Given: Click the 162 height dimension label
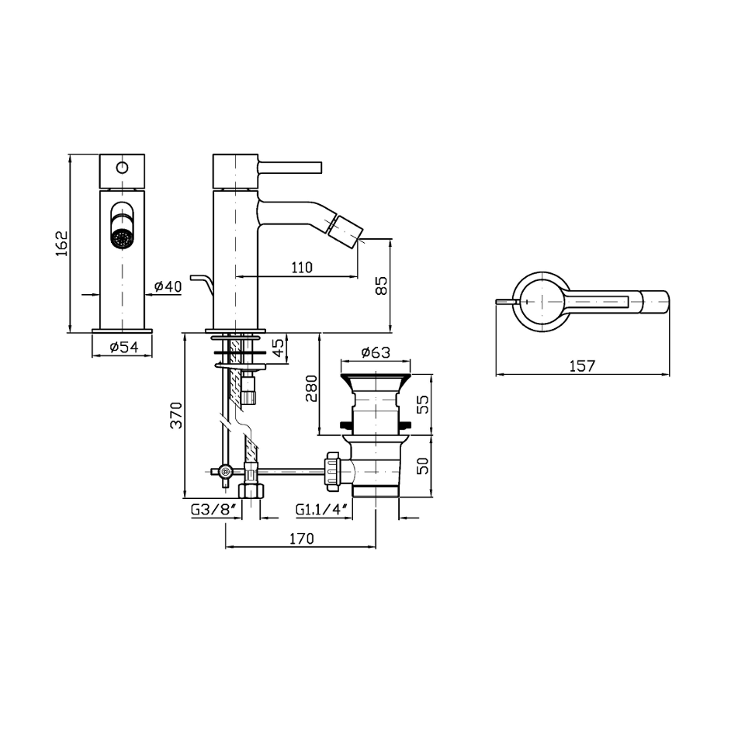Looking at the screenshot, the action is pyautogui.click(x=62, y=244).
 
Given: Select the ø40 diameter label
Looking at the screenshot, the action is pyautogui.click(x=168, y=286).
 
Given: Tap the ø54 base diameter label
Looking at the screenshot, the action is pyautogui.click(x=124, y=348).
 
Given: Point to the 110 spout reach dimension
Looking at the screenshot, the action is pyautogui.click(x=302, y=268).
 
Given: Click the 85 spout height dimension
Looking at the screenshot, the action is pyautogui.click(x=382, y=286).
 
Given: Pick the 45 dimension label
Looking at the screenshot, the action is pyautogui.click(x=280, y=348).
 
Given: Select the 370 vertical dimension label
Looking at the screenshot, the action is pyautogui.click(x=176, y=415).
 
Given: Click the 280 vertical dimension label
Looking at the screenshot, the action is pyautogui.click(x=311, y=388).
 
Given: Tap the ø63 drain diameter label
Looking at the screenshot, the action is pyautogui.click(x=376, y=352).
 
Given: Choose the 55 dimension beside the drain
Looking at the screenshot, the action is pyautogui.click(x=422, y=404).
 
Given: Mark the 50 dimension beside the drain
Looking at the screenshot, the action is pyautogui.click(x=422, y=465).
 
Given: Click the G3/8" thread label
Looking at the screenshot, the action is pyautogui.click(x=214, y=510).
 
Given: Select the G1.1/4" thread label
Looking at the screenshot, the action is pyautogui.click(x=323, y=510).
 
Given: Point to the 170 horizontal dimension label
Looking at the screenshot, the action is pyautogui.click(x=302, y=539).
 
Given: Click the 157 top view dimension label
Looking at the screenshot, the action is pyautogui.click(x=582, y=366).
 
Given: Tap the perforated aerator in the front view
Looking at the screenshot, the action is pyautogui.click(x=122, y=238).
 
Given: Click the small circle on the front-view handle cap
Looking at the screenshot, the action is pyautogui.click(x=122, y=168).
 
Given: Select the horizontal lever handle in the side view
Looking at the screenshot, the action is pyautogui.click(x=289, y=168).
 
